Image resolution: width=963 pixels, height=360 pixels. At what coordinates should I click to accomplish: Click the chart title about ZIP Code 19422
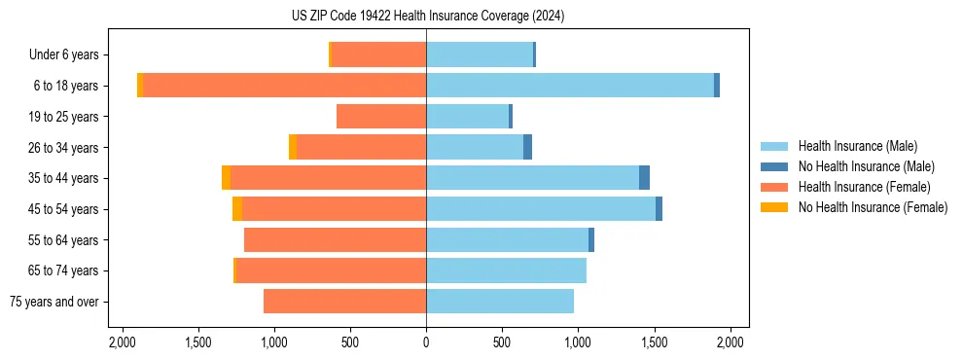[427, 17]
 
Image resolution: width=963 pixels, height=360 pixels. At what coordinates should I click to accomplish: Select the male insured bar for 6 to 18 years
[570, 86]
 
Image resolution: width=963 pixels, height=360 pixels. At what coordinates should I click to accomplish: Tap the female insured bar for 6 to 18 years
[285, 86]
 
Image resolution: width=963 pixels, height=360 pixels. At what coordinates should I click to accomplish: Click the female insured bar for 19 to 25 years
[381, 117]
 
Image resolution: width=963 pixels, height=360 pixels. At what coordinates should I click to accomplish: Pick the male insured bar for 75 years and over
[500, 302]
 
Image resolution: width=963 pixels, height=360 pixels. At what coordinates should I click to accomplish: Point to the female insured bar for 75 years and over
[344, 302]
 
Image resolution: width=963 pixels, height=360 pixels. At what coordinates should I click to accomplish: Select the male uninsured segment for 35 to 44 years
[644, 178]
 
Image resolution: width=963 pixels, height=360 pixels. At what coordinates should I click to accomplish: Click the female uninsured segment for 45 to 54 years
[237, 209]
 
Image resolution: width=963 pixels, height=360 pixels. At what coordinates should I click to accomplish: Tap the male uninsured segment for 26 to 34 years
[527, 147]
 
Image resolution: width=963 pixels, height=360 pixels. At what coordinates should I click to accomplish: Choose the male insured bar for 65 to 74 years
[506, 270]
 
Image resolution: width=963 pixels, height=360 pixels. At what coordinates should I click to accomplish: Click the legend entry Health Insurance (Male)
[857, 146]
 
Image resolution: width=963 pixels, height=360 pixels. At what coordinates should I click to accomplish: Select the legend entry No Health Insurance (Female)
[873, 207]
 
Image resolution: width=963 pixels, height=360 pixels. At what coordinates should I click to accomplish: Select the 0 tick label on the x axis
[426, 342]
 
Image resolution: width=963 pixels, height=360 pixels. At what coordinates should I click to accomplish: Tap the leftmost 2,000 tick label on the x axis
[122, 342]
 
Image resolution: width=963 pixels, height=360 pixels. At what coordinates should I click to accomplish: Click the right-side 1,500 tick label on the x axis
[655, 342]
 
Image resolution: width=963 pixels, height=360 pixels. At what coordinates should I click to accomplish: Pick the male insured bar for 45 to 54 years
[541, 209]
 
